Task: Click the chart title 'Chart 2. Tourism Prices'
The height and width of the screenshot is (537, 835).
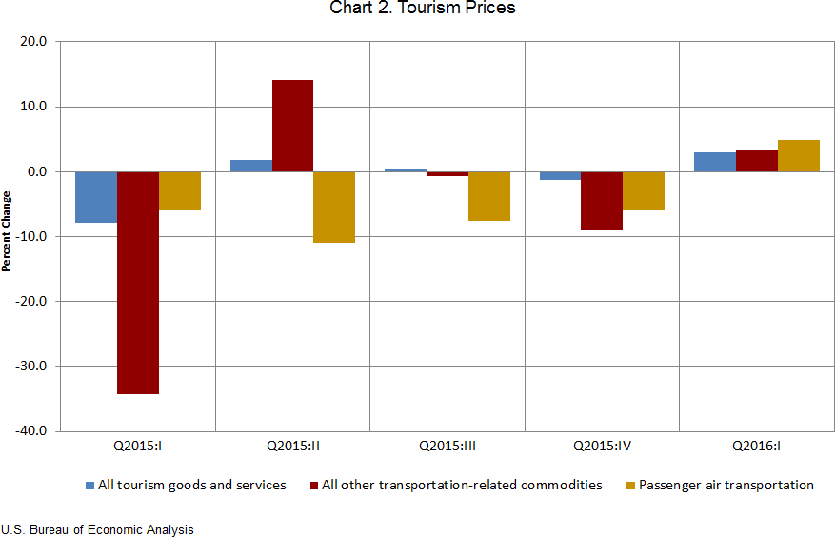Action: [423, 9]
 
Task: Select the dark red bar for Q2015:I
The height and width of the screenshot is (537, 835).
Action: [138, 282]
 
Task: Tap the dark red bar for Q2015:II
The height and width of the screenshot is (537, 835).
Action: [292, 126]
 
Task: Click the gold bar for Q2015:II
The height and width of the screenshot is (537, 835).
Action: [334, 207]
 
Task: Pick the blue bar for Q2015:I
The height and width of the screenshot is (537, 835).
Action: [96, 197]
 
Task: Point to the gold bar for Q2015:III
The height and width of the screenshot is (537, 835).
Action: [488, 196]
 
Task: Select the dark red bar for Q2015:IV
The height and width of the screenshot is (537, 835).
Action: [602, 201]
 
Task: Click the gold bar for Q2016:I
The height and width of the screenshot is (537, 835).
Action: [798, 156]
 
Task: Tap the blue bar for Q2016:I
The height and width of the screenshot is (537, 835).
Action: [714, 162]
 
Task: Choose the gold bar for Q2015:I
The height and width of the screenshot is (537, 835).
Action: [180, 190]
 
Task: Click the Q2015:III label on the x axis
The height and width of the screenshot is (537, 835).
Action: [447, 445]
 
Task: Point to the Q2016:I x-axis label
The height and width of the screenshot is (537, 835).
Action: [756, 445]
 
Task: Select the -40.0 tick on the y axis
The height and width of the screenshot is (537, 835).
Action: [32, 430]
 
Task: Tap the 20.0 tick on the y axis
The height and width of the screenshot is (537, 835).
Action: [34, 42]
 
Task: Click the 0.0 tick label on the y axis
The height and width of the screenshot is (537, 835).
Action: [37, 171]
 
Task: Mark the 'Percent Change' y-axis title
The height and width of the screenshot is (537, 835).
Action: [7, 231]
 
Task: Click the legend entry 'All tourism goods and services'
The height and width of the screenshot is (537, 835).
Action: [191, 485]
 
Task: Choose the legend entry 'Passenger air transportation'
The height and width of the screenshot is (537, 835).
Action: [726, 485]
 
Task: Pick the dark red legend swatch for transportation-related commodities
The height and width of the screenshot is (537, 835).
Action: [313, 486]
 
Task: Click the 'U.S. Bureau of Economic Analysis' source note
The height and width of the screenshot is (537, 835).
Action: [97, 529]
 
